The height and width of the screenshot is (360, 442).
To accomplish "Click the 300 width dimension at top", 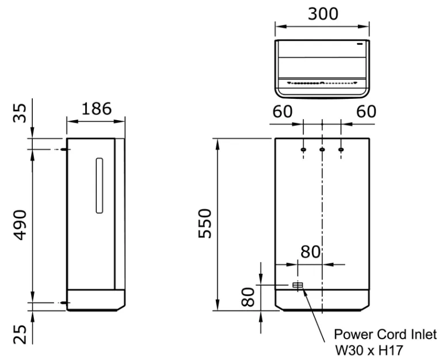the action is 323,14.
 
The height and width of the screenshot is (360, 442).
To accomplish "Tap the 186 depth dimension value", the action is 97,109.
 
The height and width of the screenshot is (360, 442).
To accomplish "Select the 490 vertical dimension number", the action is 20,224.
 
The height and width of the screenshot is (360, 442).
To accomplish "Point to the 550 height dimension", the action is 205,223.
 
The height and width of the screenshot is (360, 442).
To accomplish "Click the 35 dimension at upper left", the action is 20,113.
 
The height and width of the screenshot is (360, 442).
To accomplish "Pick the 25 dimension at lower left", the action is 20,334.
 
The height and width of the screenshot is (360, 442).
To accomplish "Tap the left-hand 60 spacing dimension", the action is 283,112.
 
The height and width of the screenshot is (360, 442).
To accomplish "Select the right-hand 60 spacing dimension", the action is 366,112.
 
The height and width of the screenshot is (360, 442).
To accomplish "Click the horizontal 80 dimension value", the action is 310,252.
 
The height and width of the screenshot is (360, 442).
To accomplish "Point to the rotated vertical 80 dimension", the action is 249,297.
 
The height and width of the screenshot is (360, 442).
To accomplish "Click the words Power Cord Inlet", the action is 385,335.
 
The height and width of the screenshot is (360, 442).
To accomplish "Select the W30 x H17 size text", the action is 369,351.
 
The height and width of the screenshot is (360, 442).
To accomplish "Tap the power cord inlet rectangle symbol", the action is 298,285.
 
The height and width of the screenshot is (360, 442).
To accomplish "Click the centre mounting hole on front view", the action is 322,150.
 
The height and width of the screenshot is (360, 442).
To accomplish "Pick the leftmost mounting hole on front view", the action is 303,150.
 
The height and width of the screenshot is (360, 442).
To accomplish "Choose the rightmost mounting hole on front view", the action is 341,150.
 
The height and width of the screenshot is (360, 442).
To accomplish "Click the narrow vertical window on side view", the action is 99,185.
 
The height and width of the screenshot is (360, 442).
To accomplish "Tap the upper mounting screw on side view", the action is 65,150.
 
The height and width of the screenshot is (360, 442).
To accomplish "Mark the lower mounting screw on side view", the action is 65,302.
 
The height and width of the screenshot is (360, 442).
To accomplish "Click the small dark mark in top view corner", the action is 360,44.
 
